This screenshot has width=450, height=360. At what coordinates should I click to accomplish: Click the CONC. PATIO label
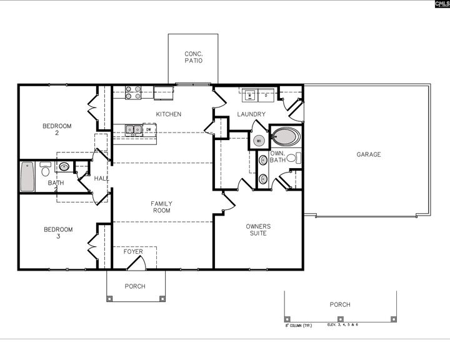coord(192,57)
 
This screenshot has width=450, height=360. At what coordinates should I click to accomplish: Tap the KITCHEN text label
coord(169,114)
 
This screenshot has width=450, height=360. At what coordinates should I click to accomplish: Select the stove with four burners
coord(133,92)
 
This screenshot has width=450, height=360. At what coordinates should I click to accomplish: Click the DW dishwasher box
coord(149,130)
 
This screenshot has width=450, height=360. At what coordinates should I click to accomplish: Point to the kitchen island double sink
coord(133,130)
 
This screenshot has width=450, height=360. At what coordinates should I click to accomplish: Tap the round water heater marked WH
coord(259,141)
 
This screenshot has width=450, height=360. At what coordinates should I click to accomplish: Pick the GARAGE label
coord(369,154)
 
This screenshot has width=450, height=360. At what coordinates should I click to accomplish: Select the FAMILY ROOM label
coord(161,207)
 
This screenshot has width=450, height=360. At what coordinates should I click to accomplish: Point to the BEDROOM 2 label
coord(57,129)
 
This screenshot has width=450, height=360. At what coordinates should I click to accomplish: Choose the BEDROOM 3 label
coord(57,233)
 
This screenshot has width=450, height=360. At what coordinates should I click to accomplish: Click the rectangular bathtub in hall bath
coord(27,177)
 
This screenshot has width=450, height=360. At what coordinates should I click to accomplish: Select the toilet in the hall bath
coord(46,169)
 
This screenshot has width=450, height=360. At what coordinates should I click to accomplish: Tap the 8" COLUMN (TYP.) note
coord(299,325)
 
